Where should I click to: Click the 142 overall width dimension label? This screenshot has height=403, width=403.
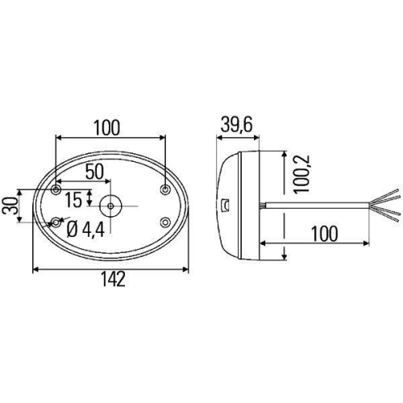tap(113, 279)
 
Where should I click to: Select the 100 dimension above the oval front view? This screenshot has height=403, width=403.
tap(107, 127)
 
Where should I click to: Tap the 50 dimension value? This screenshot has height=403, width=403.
tap(94, 171)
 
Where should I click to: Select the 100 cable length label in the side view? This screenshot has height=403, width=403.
tap(322, 234)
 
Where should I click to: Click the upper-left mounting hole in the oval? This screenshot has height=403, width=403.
tap(56, 190)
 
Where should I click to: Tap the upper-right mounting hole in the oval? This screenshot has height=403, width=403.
tap(164, 190)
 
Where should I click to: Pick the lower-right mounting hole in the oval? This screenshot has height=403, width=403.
tap(164, 222)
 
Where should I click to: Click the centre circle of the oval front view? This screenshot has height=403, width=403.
tap(110, 206)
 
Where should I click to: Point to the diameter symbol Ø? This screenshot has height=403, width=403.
tap(72, 229)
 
